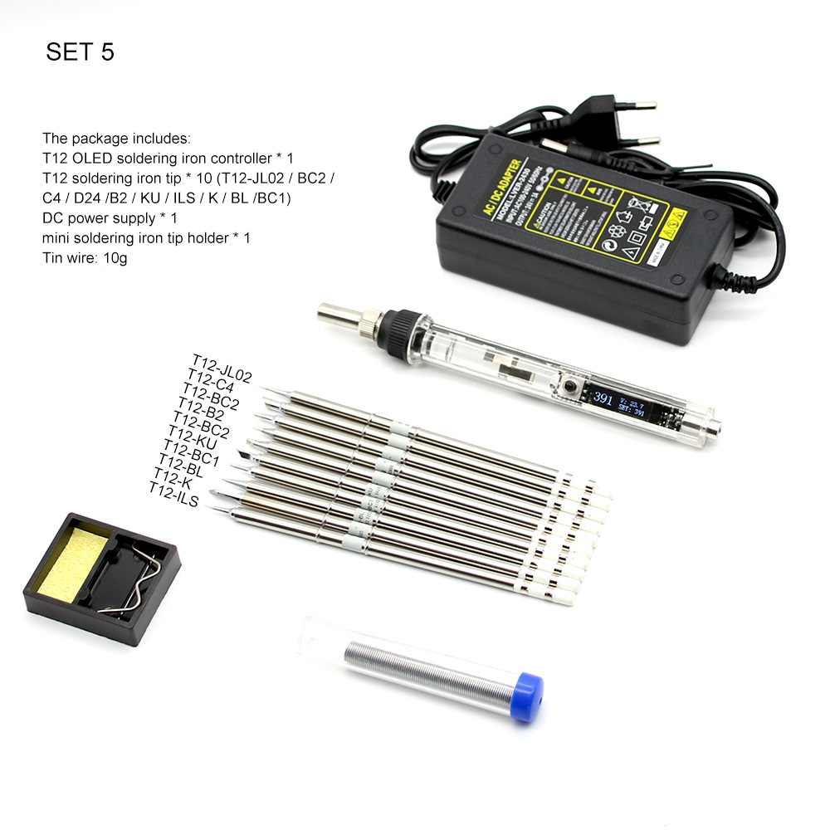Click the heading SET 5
tap(80, 52)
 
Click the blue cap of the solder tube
tap(526, 696)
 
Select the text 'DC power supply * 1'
tap(110, 218)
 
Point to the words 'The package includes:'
tap(116, 138)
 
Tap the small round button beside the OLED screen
tap(571, 387)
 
